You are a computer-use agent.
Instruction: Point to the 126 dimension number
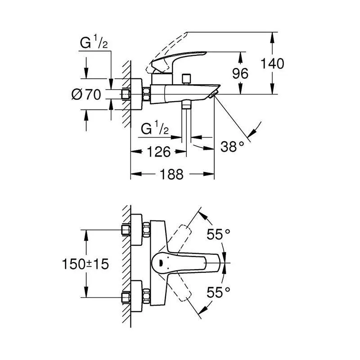click(x=158, y=152)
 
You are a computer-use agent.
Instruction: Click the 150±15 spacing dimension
click(x=85, y=264)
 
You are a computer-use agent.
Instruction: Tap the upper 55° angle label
click(x=218, y=234)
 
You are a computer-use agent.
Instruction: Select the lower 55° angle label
click(x=218, y=293)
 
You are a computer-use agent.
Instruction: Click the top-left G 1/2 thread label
click(x=94, y=44)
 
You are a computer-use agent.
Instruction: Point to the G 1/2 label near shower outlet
click(x=154, y=129)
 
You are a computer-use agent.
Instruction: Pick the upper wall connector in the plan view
click(x=127, y=230)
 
